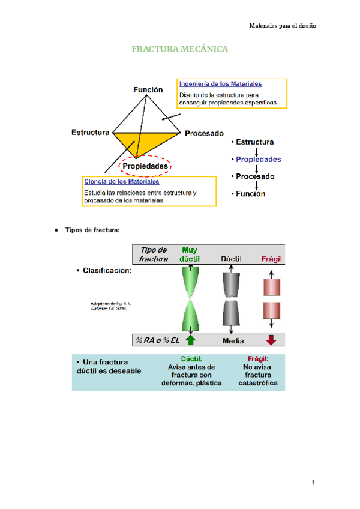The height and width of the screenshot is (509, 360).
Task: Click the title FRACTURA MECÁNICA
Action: click(x=180, y=49)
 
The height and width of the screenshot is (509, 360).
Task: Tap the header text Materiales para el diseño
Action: click(x=282, y=26)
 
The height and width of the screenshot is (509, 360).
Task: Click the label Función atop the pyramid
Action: click(x=148, y=89)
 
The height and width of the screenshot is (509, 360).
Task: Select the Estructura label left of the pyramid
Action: click(x=90, y=132)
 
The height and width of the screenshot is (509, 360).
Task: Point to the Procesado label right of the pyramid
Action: click(x=204, y=133)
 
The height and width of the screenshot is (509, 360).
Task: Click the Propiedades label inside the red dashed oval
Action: click(x=145, y=166)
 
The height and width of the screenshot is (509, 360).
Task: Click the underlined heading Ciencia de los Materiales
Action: click(x=121, y=181)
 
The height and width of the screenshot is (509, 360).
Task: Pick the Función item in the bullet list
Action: click(x=250, y=194)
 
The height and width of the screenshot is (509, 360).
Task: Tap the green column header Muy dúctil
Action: click(x=190, y=254)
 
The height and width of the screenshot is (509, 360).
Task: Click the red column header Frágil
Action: click(x=271, y=259)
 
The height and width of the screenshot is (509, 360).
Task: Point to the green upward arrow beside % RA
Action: click(x=190, y=340)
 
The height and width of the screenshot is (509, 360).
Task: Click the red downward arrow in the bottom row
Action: click(x=271, y=340)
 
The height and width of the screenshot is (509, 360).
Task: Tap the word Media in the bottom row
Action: click(x=233, y=340)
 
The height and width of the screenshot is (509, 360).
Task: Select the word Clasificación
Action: click(x=108, y=270)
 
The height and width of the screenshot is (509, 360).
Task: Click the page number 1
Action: click(x=313, y=483)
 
